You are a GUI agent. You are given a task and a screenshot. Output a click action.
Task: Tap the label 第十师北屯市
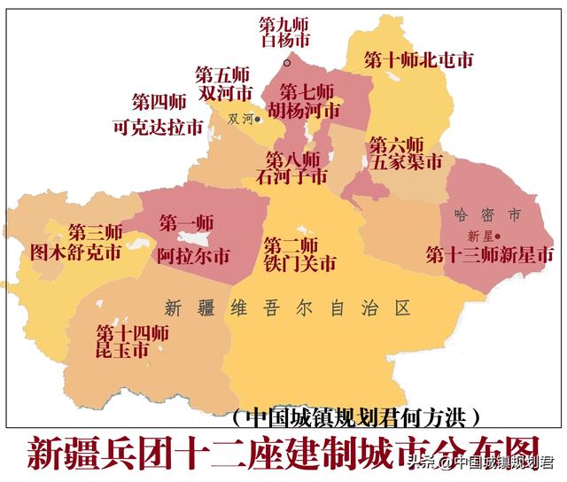coord(418,60)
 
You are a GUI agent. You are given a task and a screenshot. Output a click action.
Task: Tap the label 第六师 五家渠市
coord(405,153)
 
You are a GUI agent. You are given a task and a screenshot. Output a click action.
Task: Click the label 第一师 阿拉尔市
coord(192,240)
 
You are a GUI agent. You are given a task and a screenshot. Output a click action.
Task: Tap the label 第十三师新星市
coord(490,255)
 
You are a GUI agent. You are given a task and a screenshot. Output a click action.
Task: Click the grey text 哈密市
coord(486,215)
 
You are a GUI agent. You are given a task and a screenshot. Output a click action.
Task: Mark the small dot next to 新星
coord(498,236)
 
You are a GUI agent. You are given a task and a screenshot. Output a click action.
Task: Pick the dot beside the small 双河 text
coord(258,119)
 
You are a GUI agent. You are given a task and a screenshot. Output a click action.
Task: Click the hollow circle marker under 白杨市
coord(286,62)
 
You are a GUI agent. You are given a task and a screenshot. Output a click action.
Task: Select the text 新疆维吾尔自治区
coord(288,308)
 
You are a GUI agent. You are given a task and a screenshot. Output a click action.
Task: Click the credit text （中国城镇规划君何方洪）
coord(356,416)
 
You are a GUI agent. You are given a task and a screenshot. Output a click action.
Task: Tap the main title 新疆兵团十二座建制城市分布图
coord(283,453)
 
